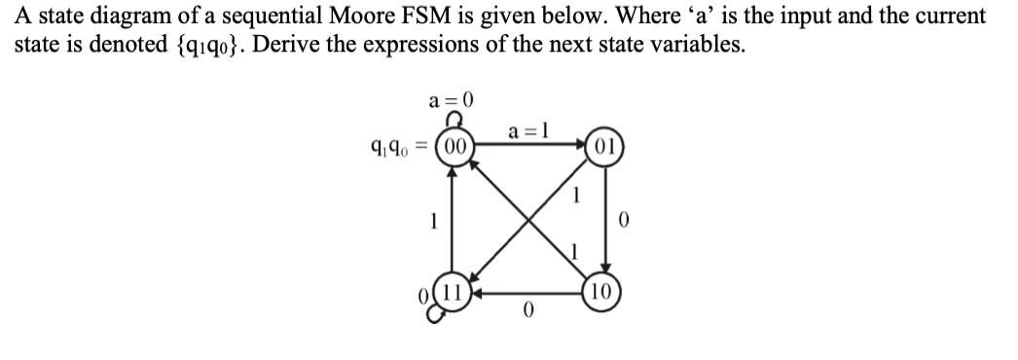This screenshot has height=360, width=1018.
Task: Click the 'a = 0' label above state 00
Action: [x=451, y=99]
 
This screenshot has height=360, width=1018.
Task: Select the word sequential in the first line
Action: [x=287, y=17]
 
